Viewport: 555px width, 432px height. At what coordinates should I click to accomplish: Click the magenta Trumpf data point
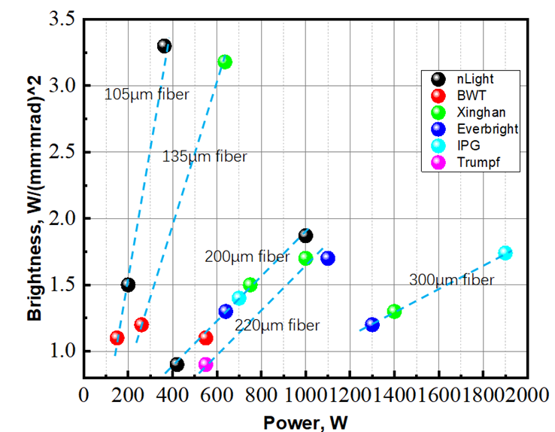tap(206, 364)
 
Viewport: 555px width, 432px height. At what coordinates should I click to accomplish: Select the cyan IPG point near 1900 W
tap(505, 253)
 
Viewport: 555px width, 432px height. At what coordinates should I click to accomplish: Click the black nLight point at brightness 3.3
tap(165, 46)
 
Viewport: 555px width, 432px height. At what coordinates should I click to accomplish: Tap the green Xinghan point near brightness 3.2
tap(225, 62)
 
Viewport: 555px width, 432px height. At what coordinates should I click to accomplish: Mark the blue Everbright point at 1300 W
tap(372, 324)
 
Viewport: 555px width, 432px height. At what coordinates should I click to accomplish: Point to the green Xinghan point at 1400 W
tap(394, 311)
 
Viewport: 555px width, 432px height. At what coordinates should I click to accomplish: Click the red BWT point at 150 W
tap(117, 338)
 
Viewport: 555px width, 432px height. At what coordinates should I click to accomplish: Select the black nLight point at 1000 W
tap(305, 236)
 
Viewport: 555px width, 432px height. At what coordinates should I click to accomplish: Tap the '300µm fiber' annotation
tap(451, 280)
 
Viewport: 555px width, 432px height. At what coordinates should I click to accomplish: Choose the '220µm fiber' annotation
tap(277, 325)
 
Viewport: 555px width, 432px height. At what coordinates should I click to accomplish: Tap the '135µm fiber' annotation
tap(205, 157)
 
